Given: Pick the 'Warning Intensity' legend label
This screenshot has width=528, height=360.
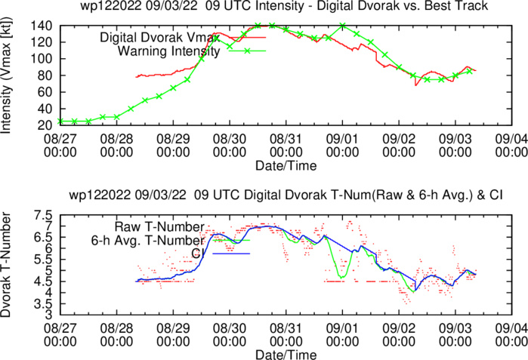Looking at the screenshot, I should pos(168,52).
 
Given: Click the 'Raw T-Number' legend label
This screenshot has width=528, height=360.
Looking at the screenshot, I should pos(159,226).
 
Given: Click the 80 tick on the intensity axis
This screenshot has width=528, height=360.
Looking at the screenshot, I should pos(47,75).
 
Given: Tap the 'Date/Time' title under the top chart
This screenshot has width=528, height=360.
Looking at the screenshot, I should pos(285,165).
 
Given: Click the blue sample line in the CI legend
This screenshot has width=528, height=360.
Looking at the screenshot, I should pos(231,254).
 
